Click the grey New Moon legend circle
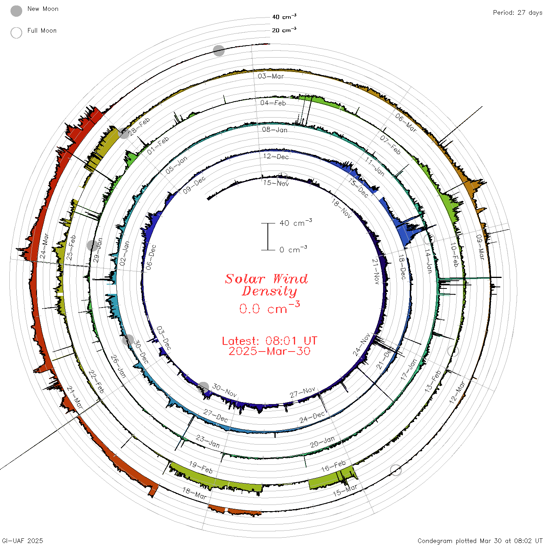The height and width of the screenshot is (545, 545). (x=16, y=11)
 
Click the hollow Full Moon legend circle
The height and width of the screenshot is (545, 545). (x=16, y=33)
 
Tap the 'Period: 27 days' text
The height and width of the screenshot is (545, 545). (x=517, y=13)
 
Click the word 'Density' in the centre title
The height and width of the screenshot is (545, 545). (x=269, y=291)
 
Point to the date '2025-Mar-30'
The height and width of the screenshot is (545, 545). (x=269, y=351)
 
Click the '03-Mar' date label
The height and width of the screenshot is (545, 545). (x=271, y=76)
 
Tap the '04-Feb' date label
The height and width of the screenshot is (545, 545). (x=273, y=103)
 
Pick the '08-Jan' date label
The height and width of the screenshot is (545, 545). (x=274, y=130)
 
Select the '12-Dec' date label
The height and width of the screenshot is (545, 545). (x=276, y=156)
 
